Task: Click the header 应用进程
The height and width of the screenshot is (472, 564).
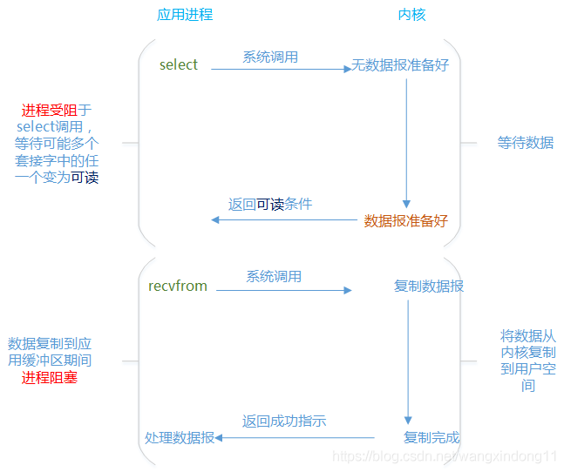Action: [184, 15]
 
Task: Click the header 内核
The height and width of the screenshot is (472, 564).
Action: [411, 15]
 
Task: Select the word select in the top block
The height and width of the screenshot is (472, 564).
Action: [179, 64]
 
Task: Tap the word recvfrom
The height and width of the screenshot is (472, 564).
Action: [178, 286]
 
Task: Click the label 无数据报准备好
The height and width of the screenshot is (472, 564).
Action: [400, 65]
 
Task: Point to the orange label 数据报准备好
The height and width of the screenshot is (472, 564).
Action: [405, 220]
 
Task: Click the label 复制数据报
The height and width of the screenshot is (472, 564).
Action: [429, 286]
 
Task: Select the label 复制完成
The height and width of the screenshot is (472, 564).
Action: [431, 437]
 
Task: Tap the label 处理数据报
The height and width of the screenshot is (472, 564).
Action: [180, 437]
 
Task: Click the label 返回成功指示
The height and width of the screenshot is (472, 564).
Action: [284, 421]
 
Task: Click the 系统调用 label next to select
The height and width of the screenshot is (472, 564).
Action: [270, 57]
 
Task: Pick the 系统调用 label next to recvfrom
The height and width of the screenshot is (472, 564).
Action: [274, 276]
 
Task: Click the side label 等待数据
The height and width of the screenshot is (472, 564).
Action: [526, 142]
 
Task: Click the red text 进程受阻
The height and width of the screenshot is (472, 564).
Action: [50, 111]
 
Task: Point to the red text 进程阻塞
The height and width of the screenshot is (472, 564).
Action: [50, 378]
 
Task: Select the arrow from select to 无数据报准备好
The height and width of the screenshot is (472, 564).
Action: [279, 70]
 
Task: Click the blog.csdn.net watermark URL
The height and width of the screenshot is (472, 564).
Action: [445, 456]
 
